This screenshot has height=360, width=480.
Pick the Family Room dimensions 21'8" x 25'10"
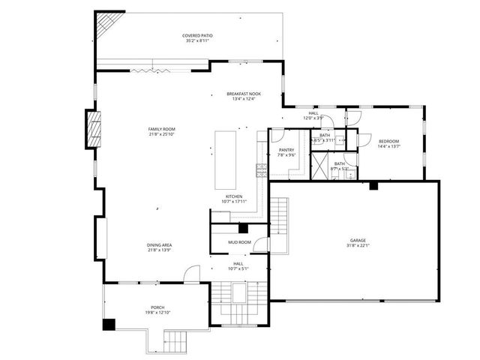tap(161, 135)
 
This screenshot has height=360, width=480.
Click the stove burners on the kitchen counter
tap(262, 169)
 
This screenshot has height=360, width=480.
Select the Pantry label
tap(286, 150)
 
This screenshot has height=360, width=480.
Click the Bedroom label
tap(388, 141)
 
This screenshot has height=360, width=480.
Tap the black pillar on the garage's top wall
tap(372, 184)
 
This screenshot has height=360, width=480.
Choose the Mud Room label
tap(238, 242)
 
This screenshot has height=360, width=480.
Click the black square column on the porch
tap(109, 324)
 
